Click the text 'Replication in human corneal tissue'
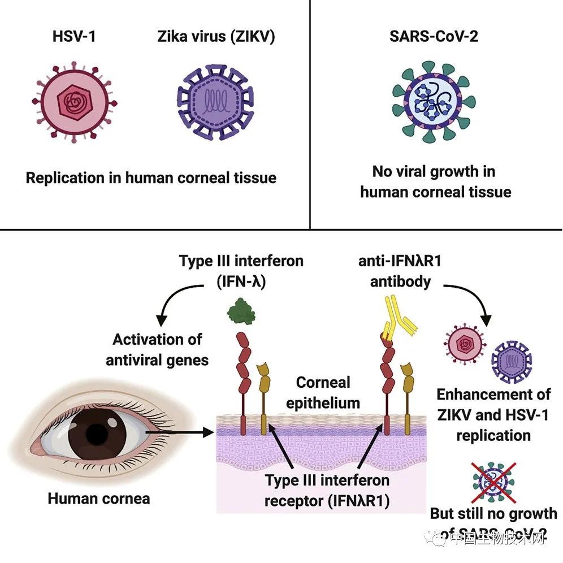tap(151, 177)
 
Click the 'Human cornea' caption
tap(99, 498)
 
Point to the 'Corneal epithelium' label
tap(323, 392)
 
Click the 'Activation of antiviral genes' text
tap(157, 349)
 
